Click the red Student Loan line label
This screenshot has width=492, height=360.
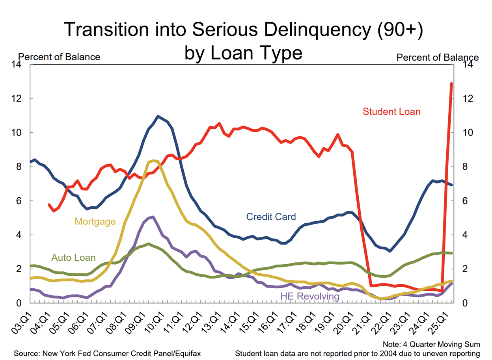coord(391,111)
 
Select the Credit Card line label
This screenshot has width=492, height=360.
coord(271,216)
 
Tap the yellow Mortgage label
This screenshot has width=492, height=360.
coord(95,221)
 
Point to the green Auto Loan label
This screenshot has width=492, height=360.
coord(73,258)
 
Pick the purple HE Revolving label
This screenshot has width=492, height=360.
coord(309,296)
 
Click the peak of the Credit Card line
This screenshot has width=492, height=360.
coord(158,116)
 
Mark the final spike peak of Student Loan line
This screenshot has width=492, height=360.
coord(452,84)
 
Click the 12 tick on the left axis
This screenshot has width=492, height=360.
coord(16,98)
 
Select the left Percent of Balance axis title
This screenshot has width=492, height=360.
coord(60,57)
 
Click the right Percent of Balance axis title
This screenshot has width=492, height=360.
coord(438,58)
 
